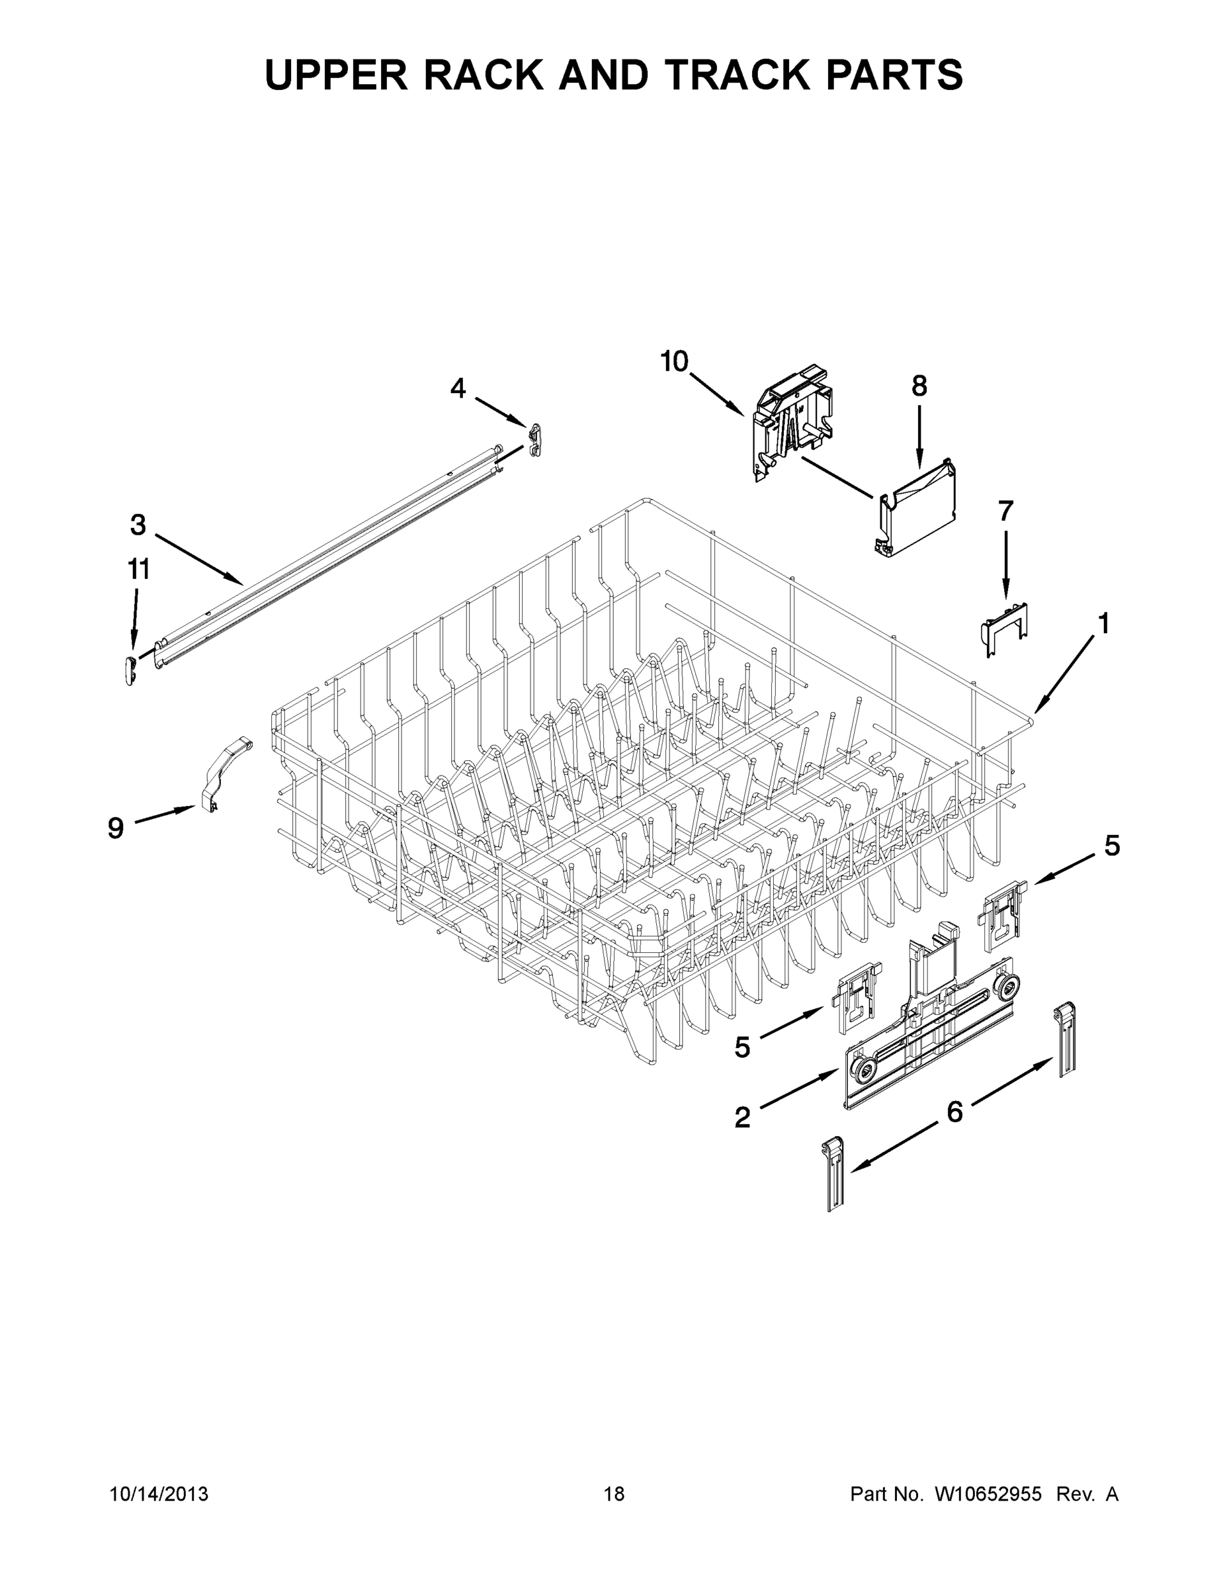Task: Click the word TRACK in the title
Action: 747,74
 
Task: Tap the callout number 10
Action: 674,361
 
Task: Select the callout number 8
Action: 919,385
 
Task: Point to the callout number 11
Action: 139,569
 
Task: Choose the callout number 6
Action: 954,1110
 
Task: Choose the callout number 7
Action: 1005,512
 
